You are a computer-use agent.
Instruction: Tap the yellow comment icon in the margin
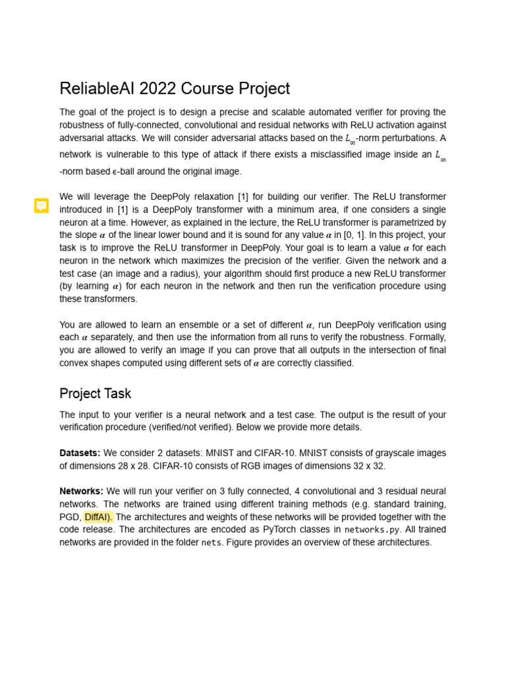point(42,206)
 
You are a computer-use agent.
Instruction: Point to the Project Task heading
point(96,394)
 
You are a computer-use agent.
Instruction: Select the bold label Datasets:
point(80,453)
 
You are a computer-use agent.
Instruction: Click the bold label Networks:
point(81,491)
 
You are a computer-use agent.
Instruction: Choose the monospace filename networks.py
point(371,530)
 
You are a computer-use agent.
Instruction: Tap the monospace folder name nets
point(211,543)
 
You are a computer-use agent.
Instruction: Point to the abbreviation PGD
point(70,517)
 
